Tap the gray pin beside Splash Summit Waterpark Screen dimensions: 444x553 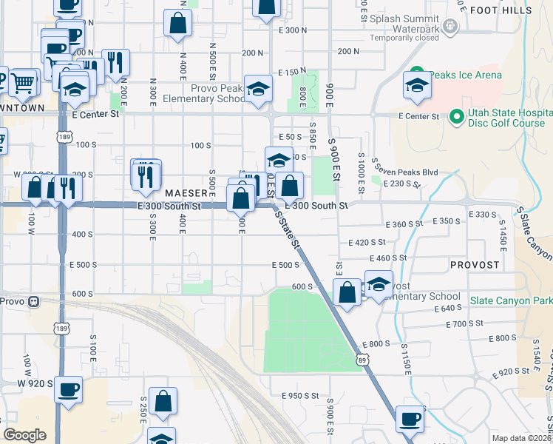[452, 26]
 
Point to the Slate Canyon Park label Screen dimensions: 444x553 [510, 301]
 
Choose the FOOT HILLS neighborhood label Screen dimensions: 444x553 [501, 10]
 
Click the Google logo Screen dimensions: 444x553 [24, 435]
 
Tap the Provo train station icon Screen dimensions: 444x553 [33, 301]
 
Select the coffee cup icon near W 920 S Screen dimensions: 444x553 [69, 390]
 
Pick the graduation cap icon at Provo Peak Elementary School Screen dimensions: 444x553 [258, 89]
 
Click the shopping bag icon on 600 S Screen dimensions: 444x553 [347, 292]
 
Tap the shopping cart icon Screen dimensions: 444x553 [24, 81]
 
